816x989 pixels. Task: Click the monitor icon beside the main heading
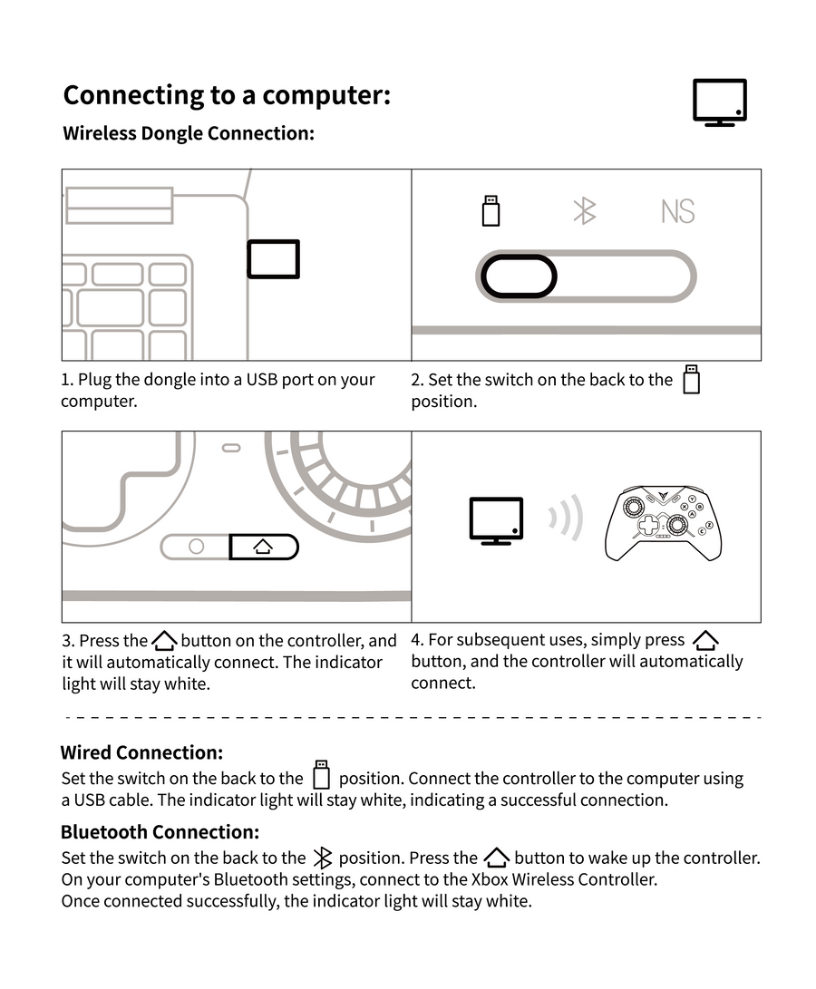click(719, 102)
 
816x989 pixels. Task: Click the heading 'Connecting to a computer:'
click(227, 95)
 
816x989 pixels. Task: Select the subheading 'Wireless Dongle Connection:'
click(189, 133)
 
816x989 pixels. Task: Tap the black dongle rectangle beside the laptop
click(273, 259)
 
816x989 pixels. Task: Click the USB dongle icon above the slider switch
click(491, 210)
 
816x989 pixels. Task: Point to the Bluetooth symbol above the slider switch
click(585, 210)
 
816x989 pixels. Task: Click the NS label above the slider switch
click(677, 211)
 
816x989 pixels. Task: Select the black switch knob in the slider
click(518, 276)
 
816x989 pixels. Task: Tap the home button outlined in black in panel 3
click(263, 547)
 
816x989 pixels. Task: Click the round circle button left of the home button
click(196, 547)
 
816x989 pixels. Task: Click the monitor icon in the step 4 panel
click(496, 520)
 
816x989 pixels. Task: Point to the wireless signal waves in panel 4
click(564, 519)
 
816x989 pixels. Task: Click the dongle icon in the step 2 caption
click(692, 379)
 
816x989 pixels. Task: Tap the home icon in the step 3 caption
click(164, 641)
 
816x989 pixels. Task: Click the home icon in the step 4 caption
click(704, 640)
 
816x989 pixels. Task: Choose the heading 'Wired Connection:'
click(141, 752)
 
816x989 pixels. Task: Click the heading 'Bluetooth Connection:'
click(160, 832)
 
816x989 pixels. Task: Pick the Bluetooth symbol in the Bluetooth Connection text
click(322, 858)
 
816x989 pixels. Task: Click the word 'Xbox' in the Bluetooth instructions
click(489, 879)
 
